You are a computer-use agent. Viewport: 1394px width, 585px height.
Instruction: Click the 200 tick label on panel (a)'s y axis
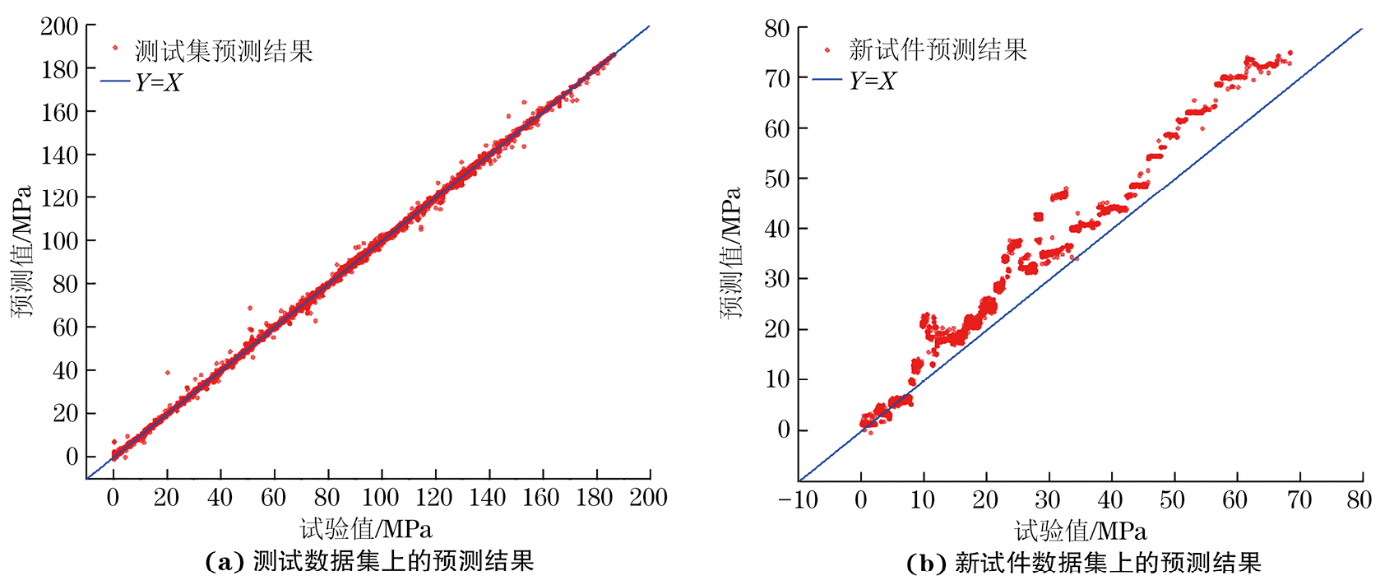59,26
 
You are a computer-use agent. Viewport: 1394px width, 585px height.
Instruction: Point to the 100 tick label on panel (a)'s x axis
380,497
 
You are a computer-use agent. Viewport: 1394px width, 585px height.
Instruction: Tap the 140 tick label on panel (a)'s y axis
59,155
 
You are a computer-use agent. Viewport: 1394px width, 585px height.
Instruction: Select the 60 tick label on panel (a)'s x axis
273,497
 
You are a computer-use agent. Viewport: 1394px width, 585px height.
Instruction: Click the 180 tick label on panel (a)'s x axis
595,497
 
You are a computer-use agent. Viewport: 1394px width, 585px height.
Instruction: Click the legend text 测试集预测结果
224,52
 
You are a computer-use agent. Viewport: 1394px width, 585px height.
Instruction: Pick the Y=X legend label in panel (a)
158,82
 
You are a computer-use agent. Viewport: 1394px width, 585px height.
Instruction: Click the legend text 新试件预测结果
938,50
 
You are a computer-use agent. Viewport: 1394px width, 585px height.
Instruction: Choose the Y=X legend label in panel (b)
872,81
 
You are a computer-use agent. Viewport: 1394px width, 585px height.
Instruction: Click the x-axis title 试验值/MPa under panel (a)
365,529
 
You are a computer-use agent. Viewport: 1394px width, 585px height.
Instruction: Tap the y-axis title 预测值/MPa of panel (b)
731,253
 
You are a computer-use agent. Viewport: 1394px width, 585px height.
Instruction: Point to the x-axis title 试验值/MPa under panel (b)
1080,531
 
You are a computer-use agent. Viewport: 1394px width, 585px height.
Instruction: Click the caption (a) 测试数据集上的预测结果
369,561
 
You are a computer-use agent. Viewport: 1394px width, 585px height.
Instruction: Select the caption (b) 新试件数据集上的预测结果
1083,563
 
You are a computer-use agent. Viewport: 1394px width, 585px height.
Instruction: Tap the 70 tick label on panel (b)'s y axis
776,78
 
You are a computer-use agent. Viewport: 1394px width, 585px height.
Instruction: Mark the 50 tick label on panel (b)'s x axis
1172,499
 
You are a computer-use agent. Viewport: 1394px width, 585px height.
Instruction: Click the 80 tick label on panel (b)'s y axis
776,28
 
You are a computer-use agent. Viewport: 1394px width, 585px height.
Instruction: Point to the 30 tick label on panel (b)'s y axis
776,279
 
